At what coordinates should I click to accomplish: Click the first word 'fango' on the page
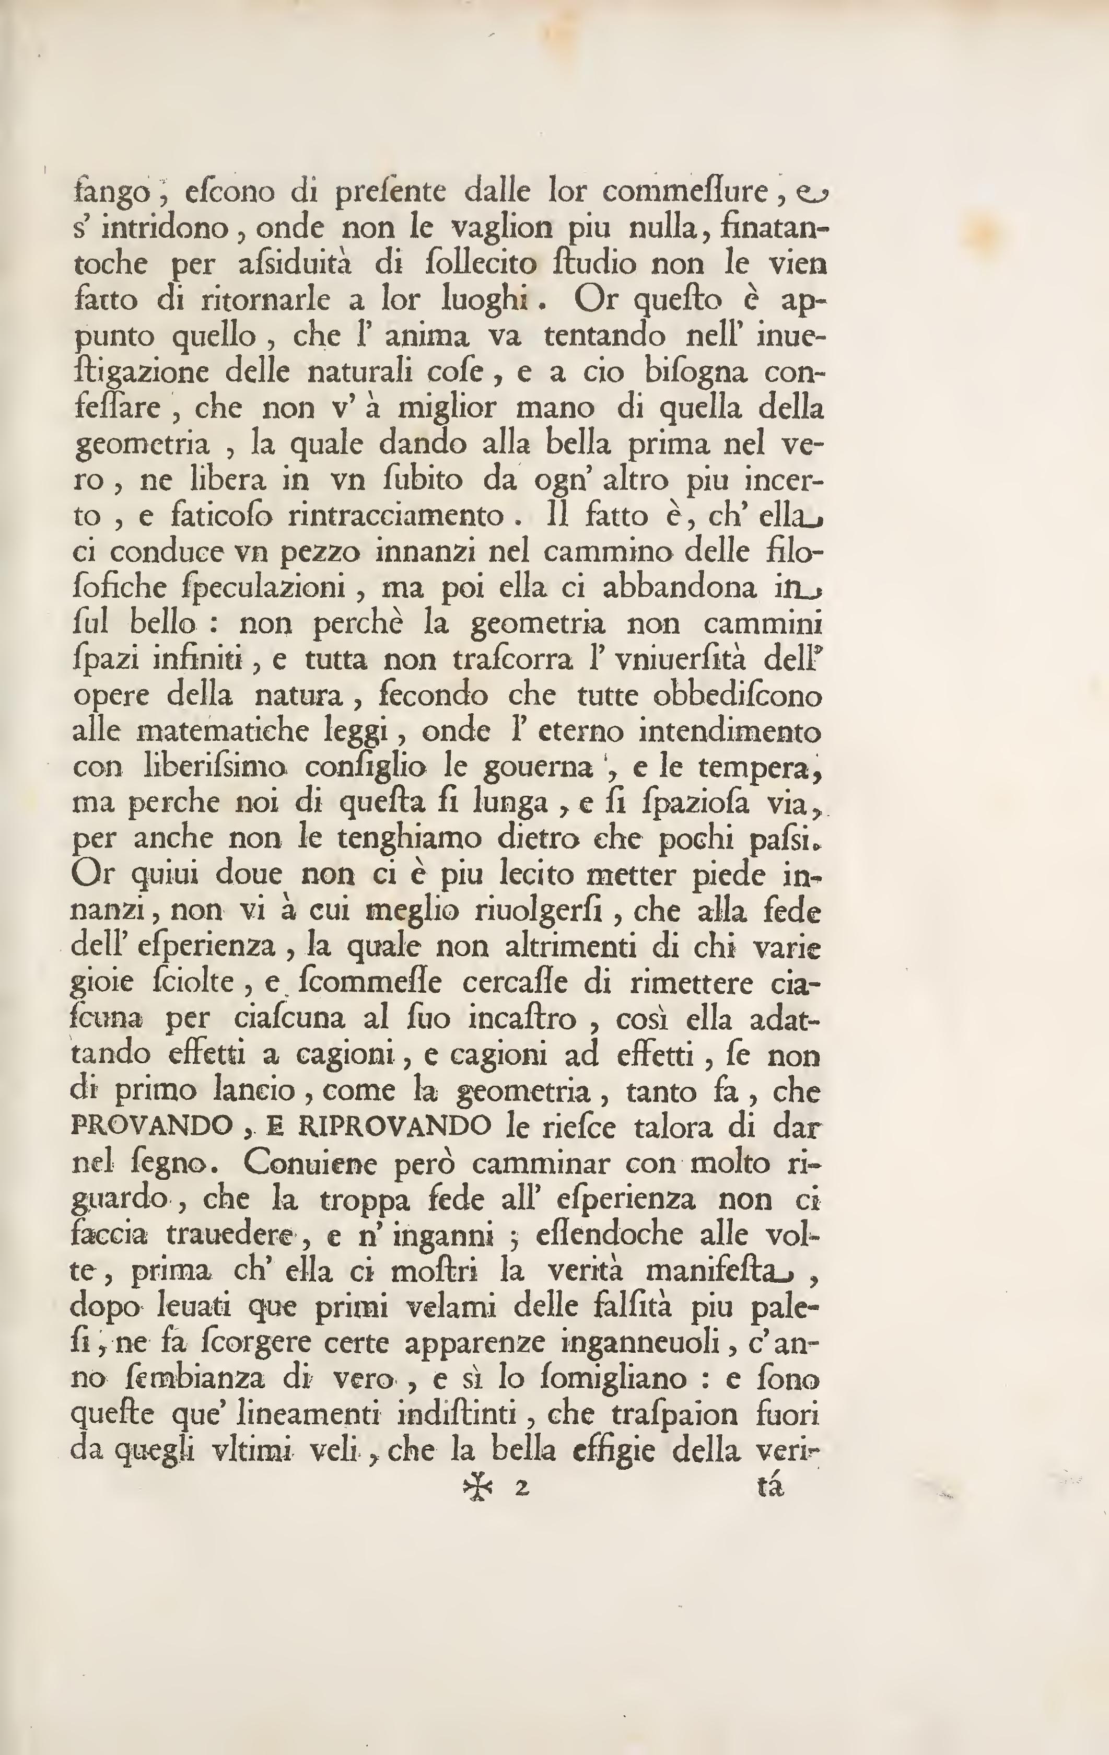(x=111, y=193)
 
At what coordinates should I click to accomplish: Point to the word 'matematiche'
(x=216, y=731)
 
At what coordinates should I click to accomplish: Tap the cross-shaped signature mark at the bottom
(x=478, y=1484)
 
